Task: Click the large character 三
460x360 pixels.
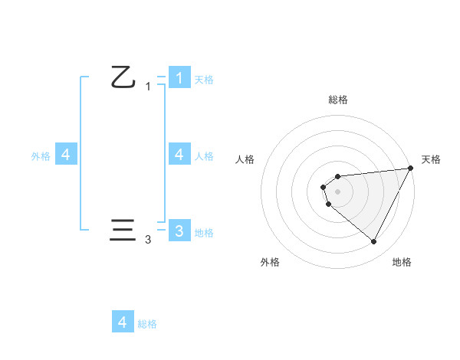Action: pos(123,231)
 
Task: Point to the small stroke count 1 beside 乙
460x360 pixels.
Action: pos(148,87)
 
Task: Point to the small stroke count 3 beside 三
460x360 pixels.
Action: pos(148,240)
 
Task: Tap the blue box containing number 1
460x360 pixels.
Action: pos(179,77)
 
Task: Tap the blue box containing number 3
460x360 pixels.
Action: pos(179,231)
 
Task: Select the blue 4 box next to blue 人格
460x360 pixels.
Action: pos(179,154)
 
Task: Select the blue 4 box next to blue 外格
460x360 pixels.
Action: pos(66,154)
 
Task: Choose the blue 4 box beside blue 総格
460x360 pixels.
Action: pos(123,322)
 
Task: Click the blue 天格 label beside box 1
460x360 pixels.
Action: pos(204,79)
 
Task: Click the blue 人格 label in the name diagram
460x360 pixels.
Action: pos(204,156)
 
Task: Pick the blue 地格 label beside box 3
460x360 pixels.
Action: pos(204,233)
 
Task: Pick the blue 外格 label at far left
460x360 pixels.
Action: pos(41,156)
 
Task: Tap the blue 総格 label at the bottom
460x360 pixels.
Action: pos(147,324)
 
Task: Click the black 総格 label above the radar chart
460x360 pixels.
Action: pos(338,100)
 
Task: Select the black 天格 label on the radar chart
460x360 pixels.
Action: pos(431,159)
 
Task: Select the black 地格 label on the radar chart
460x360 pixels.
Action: pos(402,262)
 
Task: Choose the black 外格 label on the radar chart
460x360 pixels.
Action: pos(270,262)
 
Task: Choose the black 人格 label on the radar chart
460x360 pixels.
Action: pos(245,159)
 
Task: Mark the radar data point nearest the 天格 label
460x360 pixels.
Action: pos(411,168)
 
